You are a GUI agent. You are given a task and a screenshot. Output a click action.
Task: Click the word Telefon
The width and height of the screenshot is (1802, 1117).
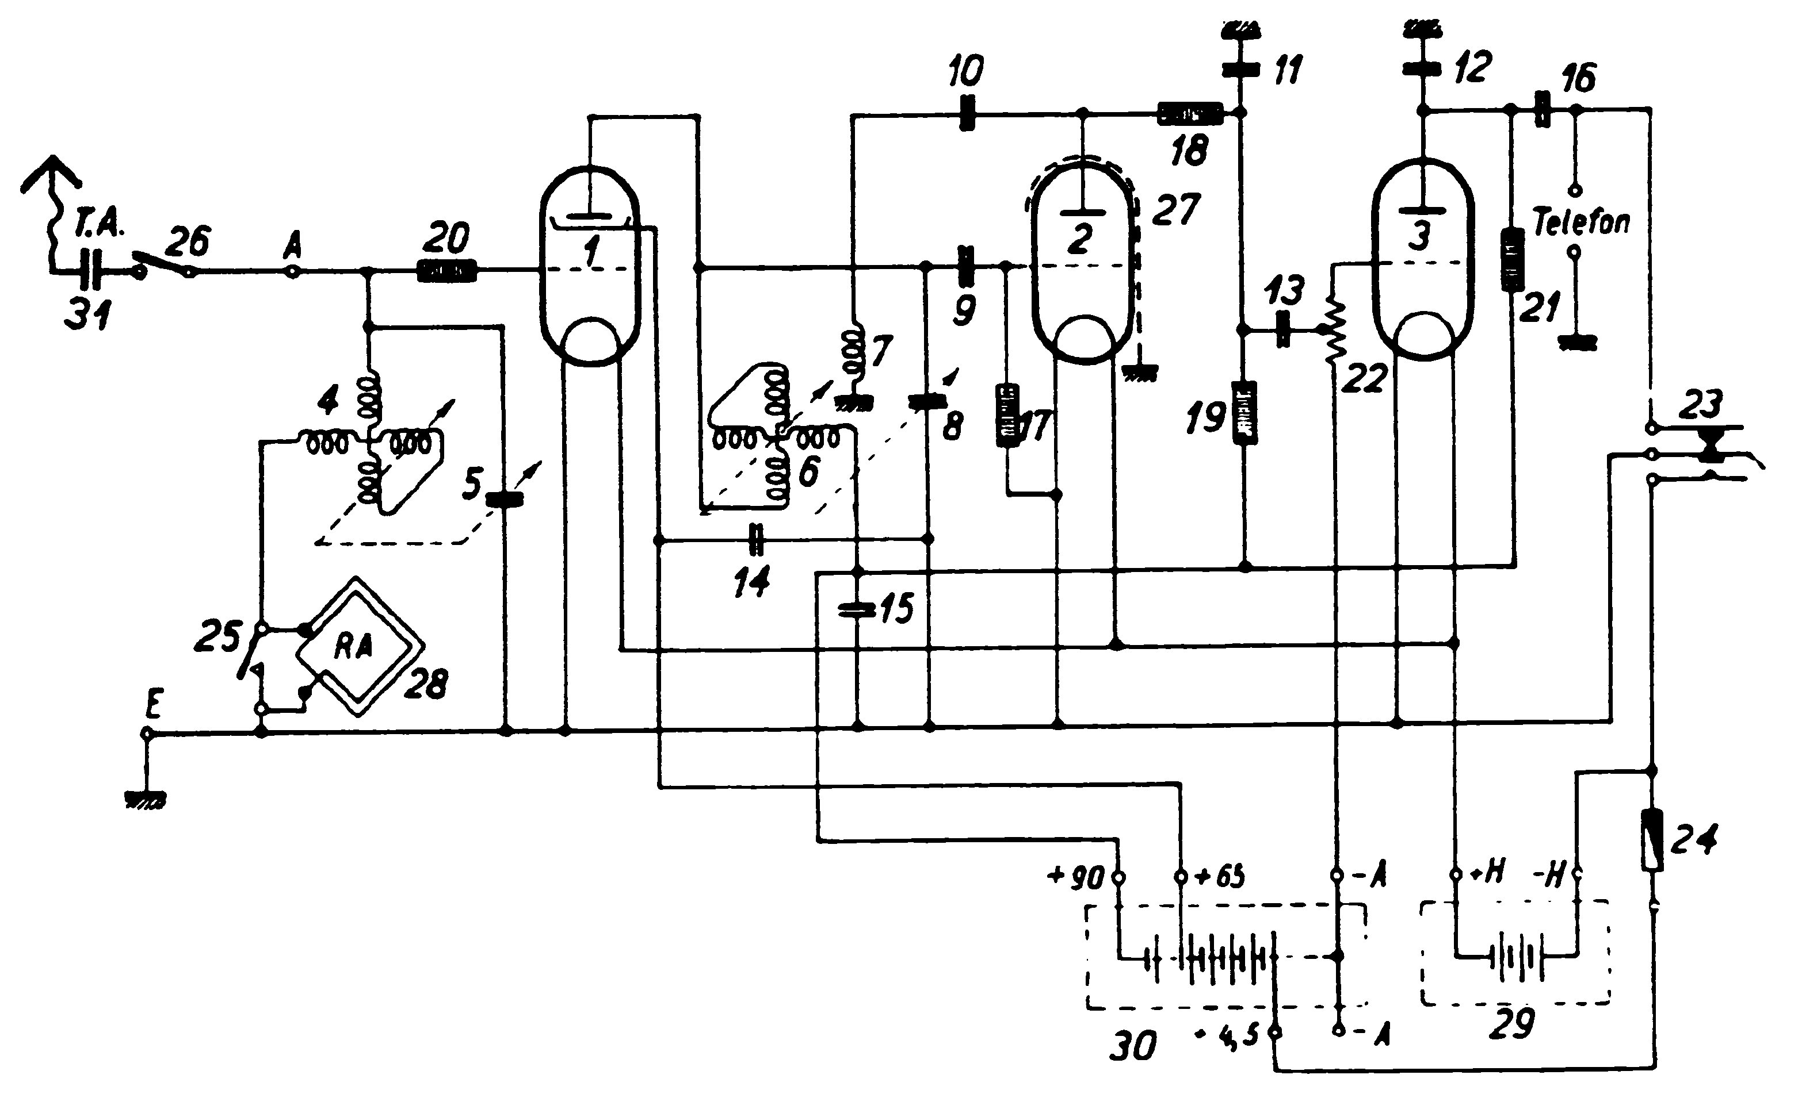point(1580,222)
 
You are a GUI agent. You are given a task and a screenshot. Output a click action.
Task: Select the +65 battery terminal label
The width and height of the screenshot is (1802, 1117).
point(1220,876)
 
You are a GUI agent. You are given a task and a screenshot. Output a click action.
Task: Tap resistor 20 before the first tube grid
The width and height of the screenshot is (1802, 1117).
point(447,271)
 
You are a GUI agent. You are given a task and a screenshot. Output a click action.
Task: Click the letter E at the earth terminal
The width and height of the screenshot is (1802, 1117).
point(153,705)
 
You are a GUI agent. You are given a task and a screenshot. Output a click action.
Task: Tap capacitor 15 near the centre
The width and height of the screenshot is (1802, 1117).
point(857,609)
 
